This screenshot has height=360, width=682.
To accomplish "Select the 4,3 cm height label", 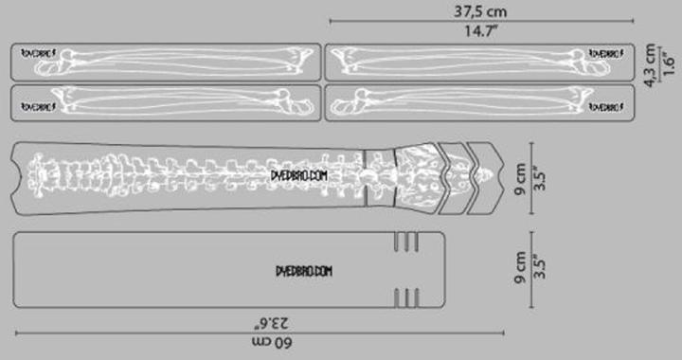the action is pos(650,64).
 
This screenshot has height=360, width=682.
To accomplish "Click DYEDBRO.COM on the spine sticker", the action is pos(299,175).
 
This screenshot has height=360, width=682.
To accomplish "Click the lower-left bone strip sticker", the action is pos(165,101).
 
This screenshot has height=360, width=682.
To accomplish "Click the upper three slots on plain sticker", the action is pos(405,243).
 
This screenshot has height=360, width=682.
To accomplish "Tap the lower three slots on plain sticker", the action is pos(405,298).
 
